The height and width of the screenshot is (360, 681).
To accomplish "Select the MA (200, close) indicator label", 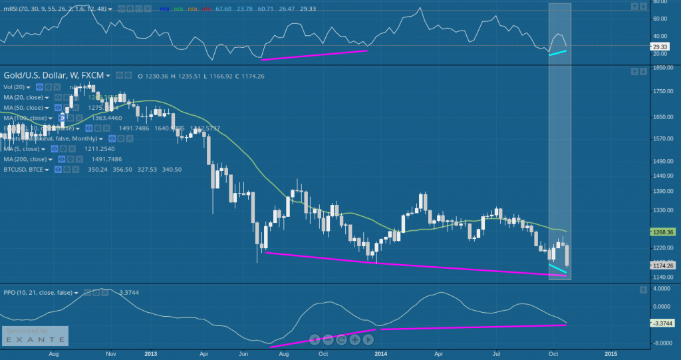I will coord(25,160).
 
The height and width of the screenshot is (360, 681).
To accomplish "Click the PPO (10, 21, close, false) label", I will coord(37,292).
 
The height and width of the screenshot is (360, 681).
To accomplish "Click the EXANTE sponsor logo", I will coord(35,339).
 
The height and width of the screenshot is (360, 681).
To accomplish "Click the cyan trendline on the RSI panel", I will coord(557,53).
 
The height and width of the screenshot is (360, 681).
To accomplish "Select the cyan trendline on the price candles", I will coord(557,268).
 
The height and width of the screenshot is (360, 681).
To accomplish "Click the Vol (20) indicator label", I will coord(15,87).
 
